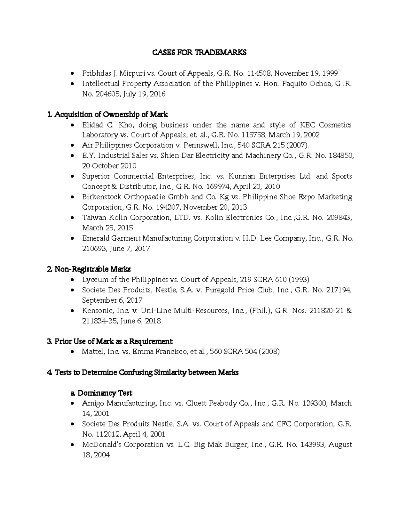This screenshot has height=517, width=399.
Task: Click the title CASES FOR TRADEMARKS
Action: tap(199, 53)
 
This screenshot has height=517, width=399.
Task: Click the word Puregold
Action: tap(220, 290)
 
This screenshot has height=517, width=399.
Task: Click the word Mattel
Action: tap(92, 352)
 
